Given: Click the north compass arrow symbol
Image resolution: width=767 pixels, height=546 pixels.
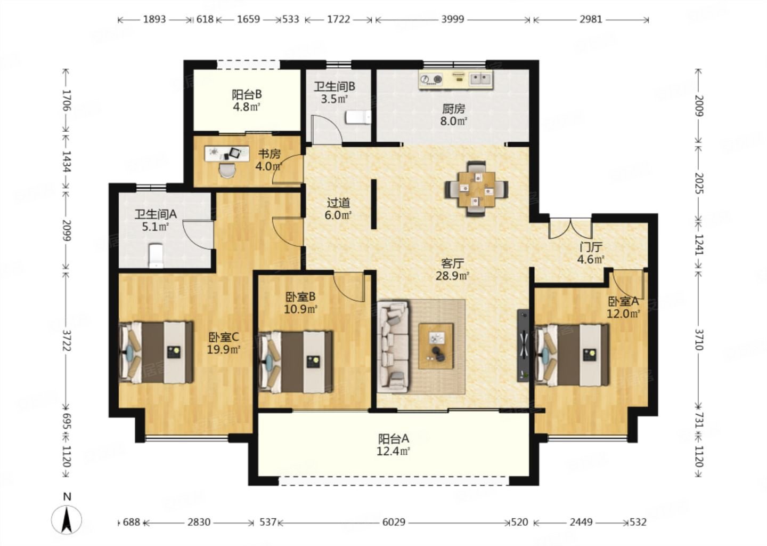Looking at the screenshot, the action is click(x=67, y=519).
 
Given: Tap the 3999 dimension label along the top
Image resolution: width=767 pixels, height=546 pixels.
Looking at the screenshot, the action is click(x=452, y=19).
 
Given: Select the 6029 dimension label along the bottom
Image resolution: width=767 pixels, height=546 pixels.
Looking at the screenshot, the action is click(x=394, y=522).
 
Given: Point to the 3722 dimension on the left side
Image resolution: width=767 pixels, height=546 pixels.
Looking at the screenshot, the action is click(x=67, y=340).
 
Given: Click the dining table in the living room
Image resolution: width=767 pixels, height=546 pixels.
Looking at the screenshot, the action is click(x=476, y=189).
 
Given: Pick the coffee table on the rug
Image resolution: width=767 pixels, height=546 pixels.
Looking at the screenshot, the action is click(x=436, y=346).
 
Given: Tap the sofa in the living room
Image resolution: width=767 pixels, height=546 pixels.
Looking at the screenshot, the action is click(x=394, y=347).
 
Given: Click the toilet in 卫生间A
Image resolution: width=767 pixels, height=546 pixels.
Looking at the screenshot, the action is click(x=156, y=255).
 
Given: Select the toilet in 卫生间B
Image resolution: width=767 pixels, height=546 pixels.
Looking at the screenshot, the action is click(x=358, y=117).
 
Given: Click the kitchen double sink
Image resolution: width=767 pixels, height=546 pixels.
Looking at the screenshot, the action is click(x=480, y=79).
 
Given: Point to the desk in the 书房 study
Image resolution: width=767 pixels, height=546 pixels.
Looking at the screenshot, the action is click(x=227, y=154).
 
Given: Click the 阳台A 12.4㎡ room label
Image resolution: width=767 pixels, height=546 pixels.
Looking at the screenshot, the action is click(x=394, y=445).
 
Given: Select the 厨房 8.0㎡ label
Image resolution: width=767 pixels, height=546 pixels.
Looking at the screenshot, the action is click(x=454, y=115).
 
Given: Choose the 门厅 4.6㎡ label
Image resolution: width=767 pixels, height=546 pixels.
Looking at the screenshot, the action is click(x=591, y=253).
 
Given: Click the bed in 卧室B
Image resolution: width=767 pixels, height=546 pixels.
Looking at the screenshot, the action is click(x=295, y=362).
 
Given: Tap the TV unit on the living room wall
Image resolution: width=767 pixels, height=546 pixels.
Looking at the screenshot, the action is click(x=523, y=346).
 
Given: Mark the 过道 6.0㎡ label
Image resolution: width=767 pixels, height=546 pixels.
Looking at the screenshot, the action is click(x=338, y=209).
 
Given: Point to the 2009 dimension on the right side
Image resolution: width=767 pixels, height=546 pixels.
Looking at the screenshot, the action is click(x=699, y=106).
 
